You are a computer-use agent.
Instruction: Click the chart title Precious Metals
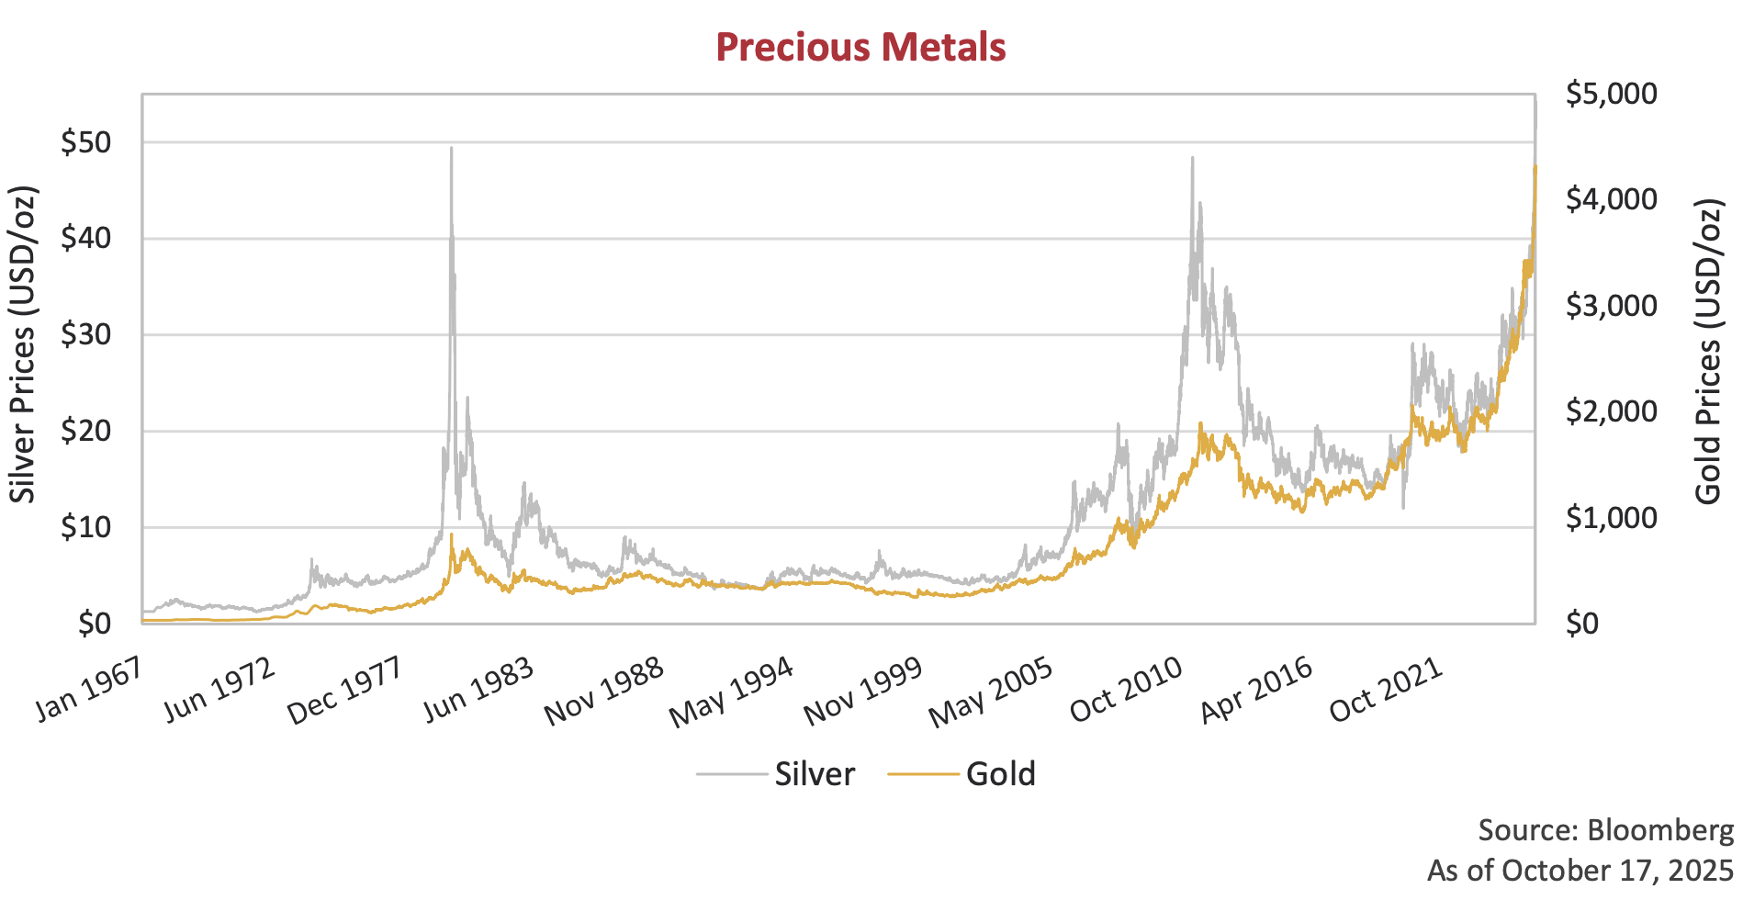click(x=860, y=48)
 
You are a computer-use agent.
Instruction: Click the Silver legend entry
click(x=814, y=774)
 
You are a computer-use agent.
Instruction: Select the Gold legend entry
click(x=1000, y=774)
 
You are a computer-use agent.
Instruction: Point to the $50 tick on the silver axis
click(x=85, y=143)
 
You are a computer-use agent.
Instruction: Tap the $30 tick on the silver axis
click(x=85, y=335)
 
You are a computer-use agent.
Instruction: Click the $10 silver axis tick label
click(x=85, y=528)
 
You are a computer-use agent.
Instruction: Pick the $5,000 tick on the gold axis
click(x=1611, y=94)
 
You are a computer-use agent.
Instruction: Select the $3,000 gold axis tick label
click(x=1611, y=306)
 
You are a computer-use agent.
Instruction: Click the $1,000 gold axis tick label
click(x=1611, y=518)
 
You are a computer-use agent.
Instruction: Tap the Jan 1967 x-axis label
click(x=89, y=690)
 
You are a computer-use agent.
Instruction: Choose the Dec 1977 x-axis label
click(x=344, y=692)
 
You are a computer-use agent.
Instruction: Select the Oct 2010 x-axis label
click(x=1126, y=692)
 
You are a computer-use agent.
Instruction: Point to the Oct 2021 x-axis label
click(x=1386, y=692)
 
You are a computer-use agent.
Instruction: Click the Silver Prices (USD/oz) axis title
click(x=23, y=344)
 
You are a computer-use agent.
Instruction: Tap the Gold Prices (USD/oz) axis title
click(x=1708, y=351)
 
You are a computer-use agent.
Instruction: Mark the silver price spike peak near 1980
click(x=451, y=149)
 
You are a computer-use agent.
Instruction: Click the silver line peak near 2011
click(x=1192, y=159)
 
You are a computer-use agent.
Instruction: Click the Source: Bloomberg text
click(x=1605, y=830)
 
